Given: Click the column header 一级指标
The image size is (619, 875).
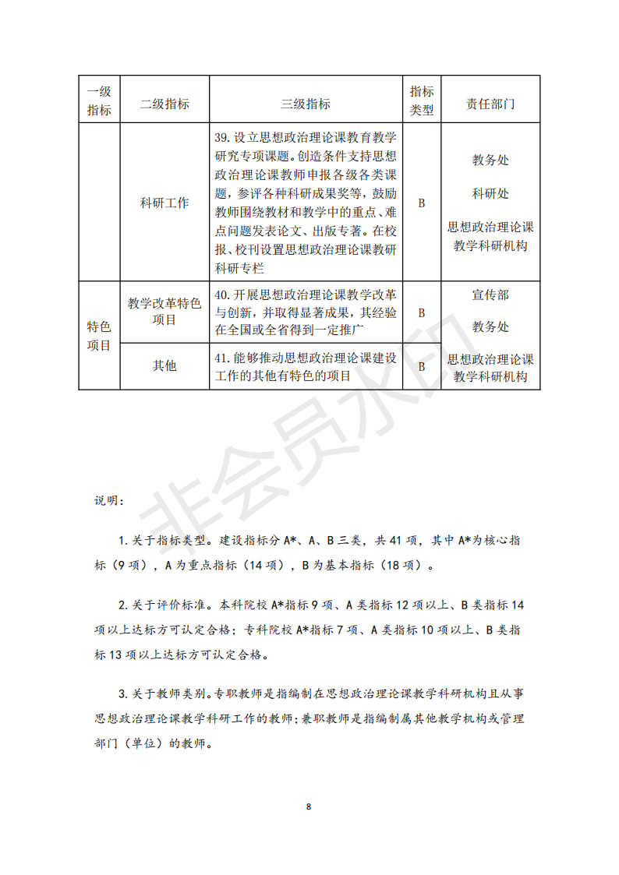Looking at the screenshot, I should point(99,100).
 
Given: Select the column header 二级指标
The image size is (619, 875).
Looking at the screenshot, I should point(164,104).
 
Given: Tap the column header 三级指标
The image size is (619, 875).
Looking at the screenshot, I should point(305,104).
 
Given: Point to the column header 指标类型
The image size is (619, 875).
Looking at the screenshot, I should point(422,100).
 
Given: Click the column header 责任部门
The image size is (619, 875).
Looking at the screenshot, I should point(490,104).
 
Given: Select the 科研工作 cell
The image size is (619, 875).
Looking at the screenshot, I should point(164,203).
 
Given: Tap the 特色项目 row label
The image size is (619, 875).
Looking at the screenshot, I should point(99,335).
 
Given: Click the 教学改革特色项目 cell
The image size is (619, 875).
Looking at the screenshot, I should point(164,311).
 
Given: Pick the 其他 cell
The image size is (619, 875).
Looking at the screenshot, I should point(164,365).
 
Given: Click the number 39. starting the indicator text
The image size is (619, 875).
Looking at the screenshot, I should point(221,137).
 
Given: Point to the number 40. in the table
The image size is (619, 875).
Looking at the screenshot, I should point(221,295).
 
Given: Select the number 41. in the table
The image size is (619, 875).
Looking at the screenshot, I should point(221,358).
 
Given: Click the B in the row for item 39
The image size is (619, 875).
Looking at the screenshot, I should point(422,203).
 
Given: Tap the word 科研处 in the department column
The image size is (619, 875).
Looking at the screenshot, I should point(490,193).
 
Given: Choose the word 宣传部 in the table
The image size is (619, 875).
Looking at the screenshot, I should point(490,295).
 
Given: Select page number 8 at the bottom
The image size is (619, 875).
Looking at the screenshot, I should point(309,806).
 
